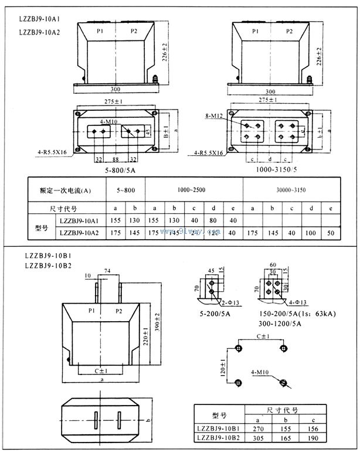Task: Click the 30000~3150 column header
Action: pyautogui.click(x=291, y=190)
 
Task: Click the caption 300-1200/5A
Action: pyautogui.click(x=281, y=324)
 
